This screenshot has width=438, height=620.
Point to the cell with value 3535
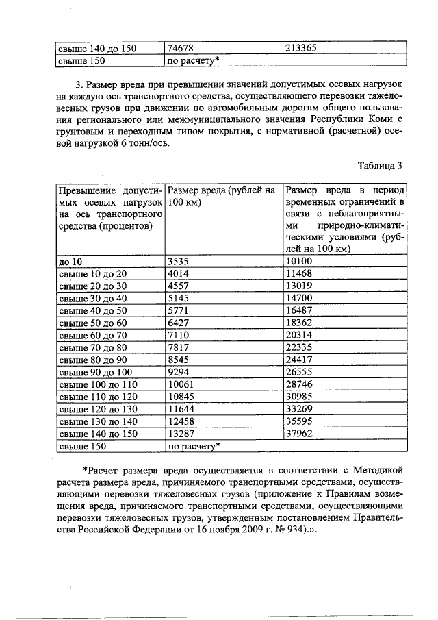179,261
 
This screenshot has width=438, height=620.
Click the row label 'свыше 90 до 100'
94,372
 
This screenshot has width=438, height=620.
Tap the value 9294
179,372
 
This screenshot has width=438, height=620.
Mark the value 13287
181,434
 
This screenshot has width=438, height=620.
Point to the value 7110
179,335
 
